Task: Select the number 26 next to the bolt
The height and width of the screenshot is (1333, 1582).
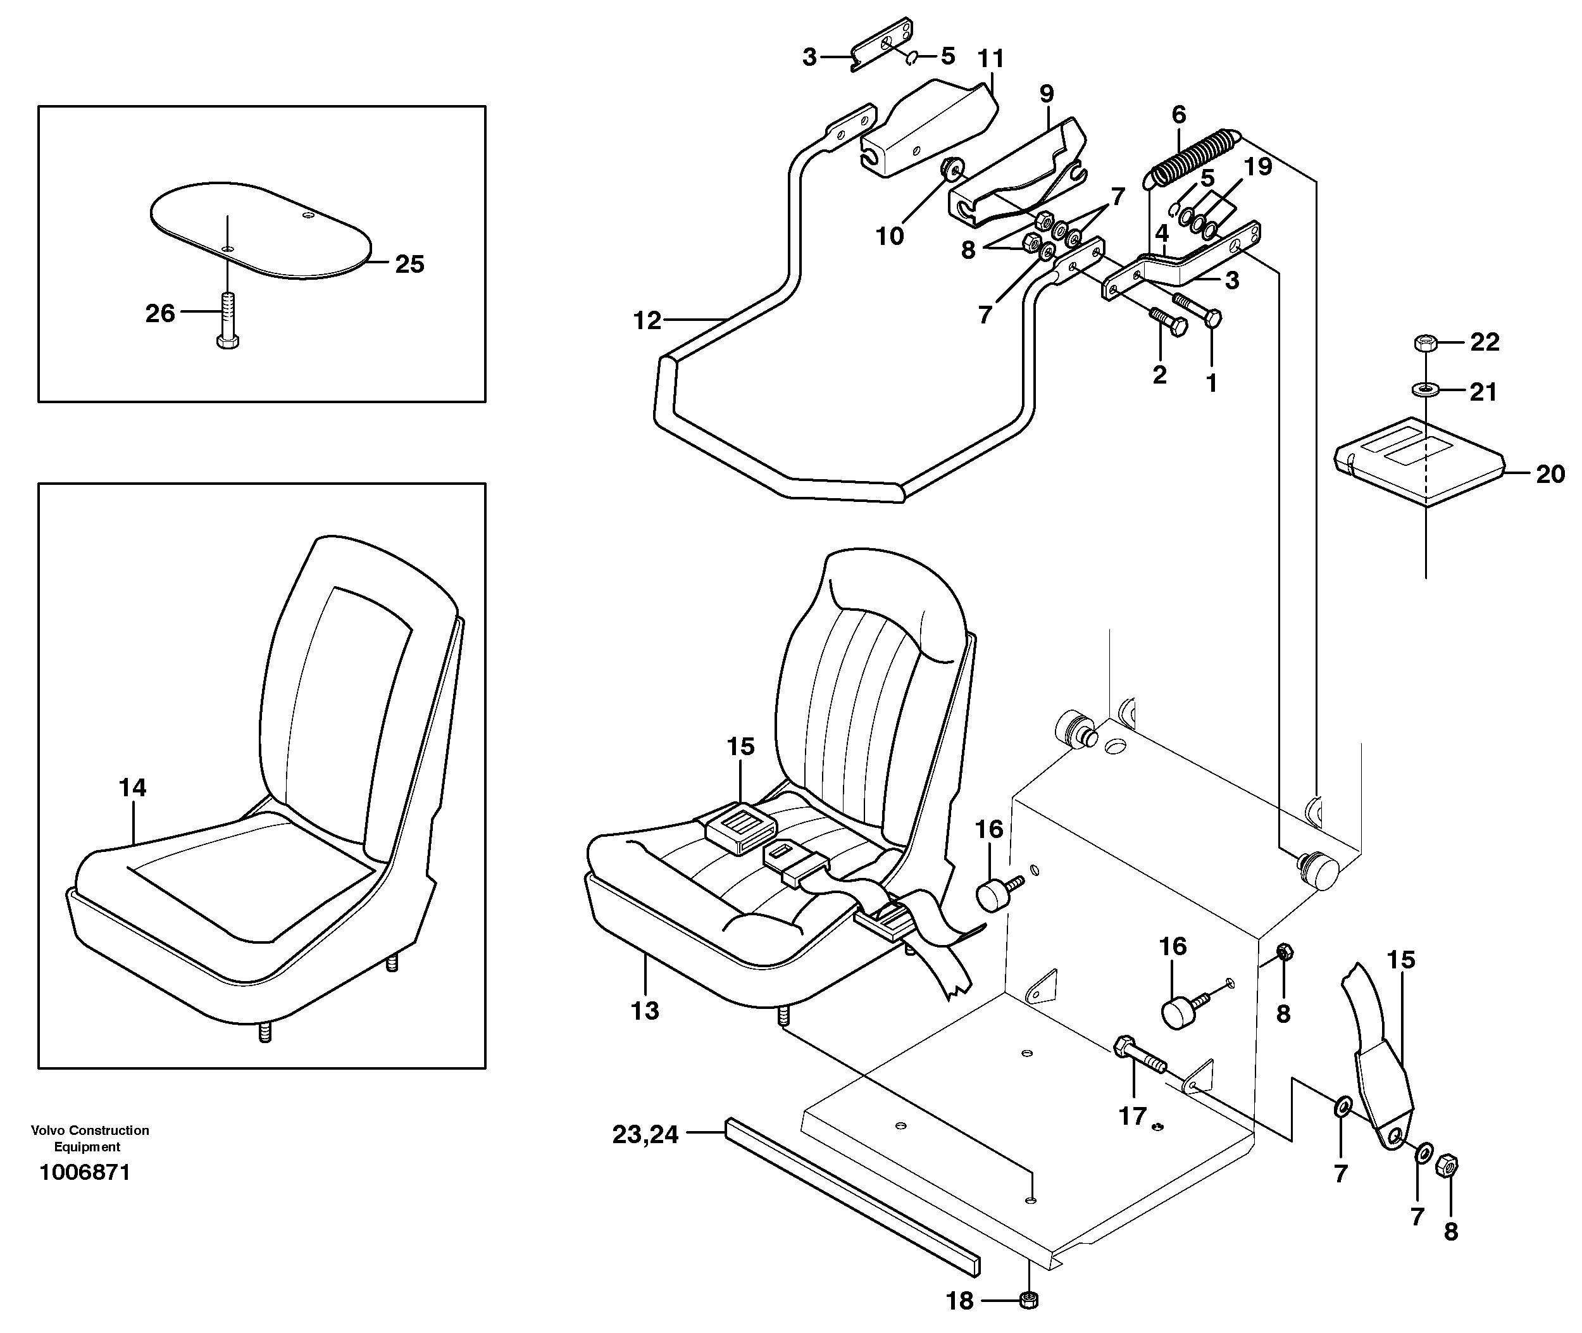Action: pos(159,313)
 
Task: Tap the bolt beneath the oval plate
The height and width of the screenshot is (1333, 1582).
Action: pos(227,320)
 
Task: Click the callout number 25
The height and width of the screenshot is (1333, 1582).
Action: pos(409,265)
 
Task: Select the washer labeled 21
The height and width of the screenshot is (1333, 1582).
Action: pos(1424,390)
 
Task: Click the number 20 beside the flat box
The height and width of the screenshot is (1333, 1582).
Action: pos(1550,475)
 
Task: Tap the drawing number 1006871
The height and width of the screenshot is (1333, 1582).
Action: pos(85,1172)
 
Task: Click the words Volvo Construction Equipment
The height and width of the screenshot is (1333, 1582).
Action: pos(90,1138)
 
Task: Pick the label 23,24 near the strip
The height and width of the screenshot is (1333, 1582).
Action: pos(645,1134)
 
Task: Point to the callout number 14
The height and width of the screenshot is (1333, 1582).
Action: pos(132,787)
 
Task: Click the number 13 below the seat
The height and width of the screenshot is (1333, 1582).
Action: pos(644,1010)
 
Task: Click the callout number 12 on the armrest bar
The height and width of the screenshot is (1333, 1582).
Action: pos(647,321)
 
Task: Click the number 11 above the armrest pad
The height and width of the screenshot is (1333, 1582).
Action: pos(990,59)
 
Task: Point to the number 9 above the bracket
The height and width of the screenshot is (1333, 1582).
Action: pos(1047,94)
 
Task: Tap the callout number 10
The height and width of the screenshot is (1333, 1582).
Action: pos(889,237)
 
